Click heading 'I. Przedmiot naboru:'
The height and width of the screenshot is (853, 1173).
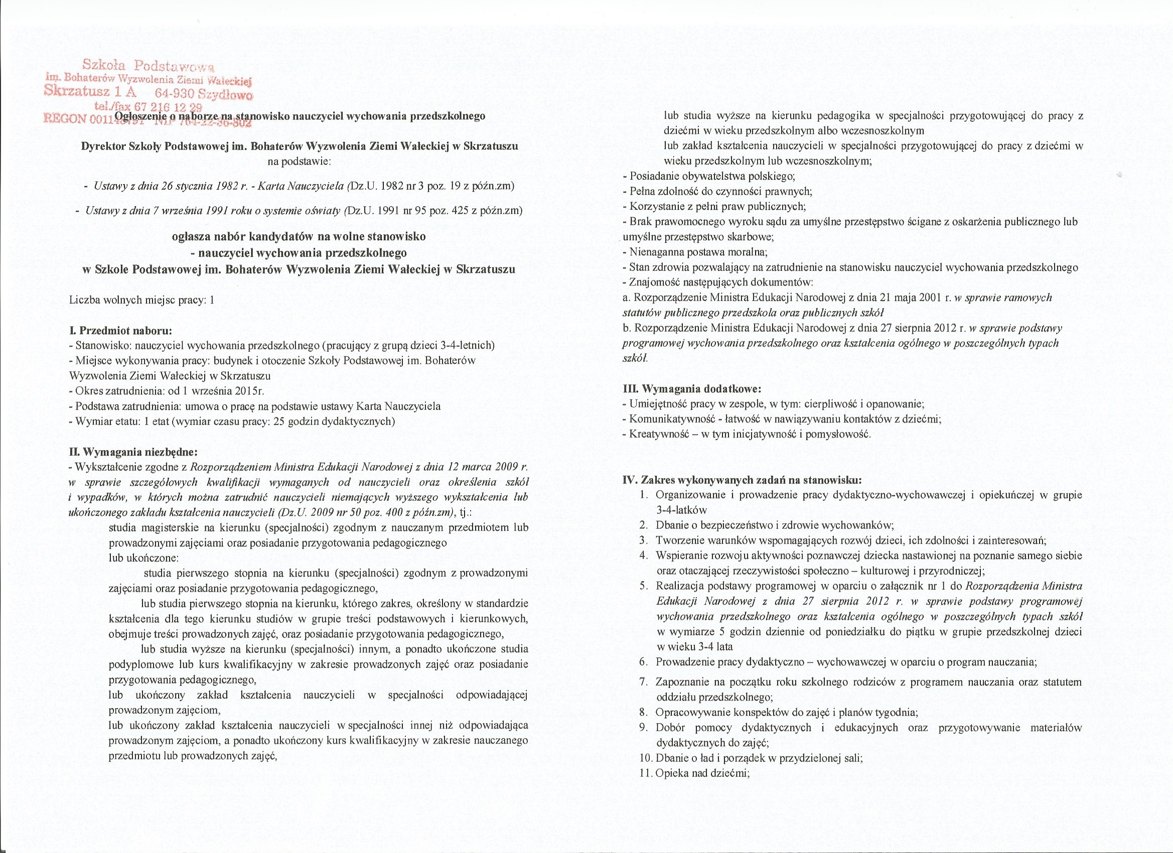click(120, 330)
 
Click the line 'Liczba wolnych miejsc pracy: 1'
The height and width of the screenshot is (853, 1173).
click(141, 300)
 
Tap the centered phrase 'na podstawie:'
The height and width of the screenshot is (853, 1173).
click(300, 162)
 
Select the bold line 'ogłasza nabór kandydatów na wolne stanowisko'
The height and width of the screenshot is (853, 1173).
click(299, 237)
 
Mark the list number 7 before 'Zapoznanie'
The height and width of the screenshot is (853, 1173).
click(643, 682)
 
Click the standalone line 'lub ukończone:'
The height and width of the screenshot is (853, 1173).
click(143, 558)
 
